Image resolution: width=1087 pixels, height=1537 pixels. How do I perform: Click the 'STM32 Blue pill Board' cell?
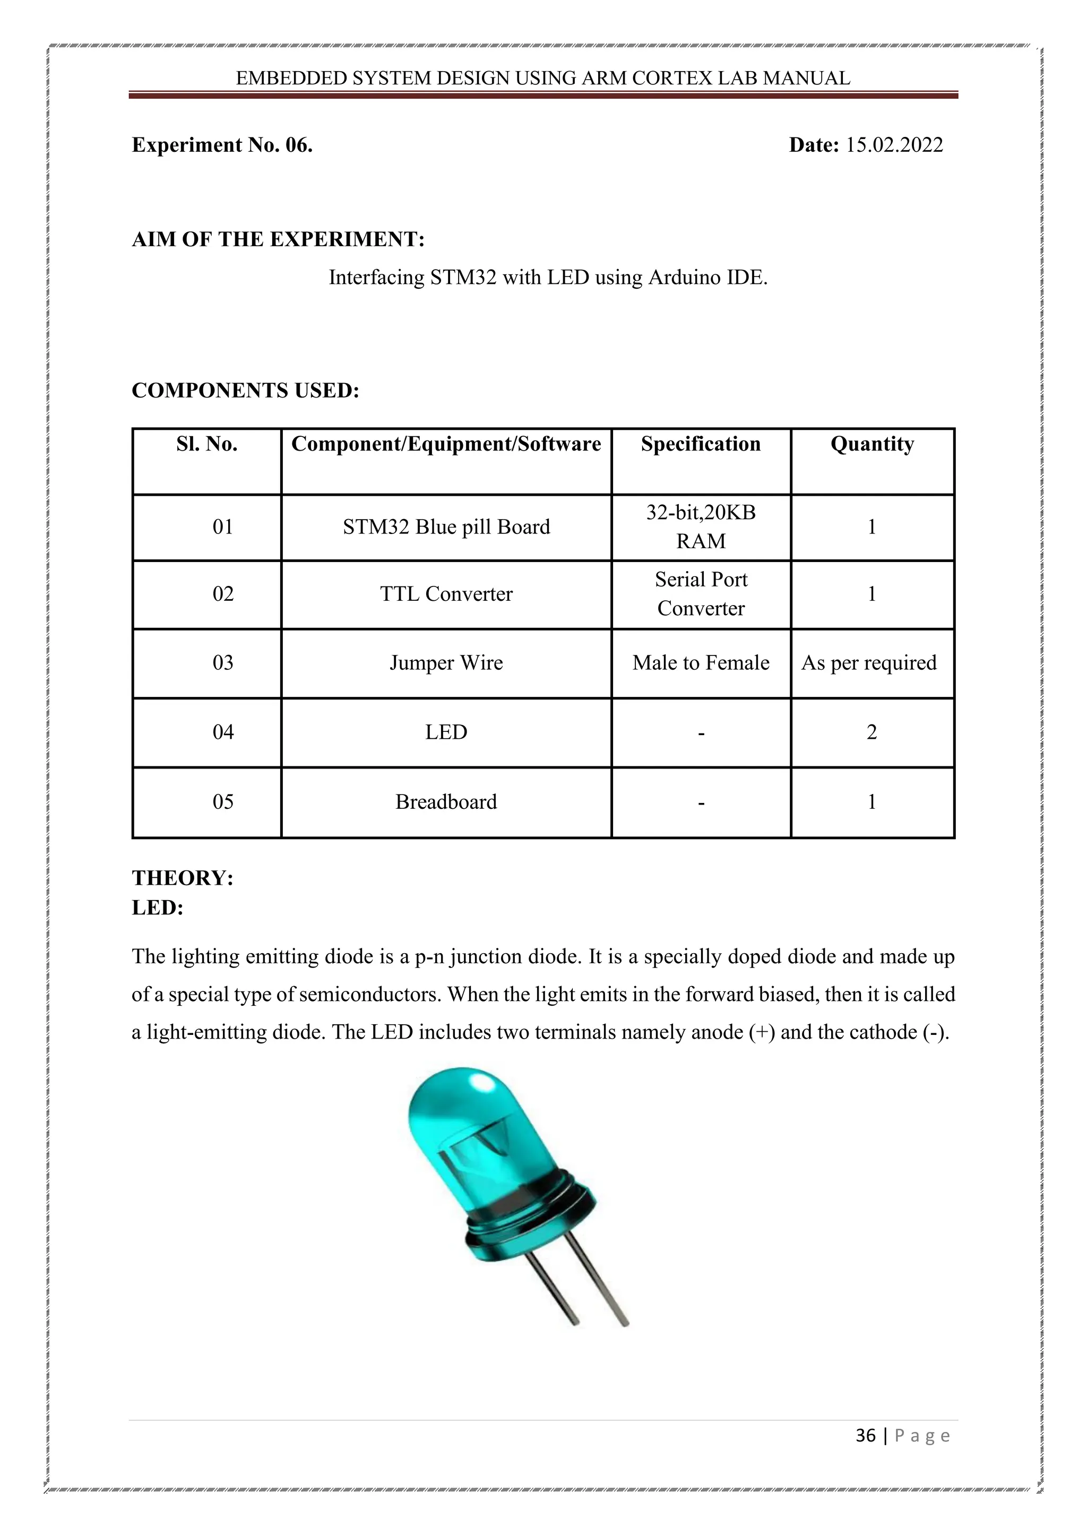(x=446, y=527)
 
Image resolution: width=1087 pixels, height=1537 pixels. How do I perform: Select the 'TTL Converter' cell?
(x=446, y=594)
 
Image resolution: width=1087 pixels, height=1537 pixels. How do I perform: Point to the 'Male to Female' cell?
(x=700, y=663)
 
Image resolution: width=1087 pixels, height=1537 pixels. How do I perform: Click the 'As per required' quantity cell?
(x=869, y=663)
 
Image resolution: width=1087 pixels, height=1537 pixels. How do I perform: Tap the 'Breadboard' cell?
(x=446, y=801)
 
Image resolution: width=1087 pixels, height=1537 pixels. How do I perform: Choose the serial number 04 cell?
(x=223, y=732)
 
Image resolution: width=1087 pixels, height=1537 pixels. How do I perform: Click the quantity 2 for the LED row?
(x=872, y=732)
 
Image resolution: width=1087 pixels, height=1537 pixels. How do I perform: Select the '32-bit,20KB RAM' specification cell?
(x=700, y=527)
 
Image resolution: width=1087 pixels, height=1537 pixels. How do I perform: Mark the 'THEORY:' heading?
(x=183, y=878)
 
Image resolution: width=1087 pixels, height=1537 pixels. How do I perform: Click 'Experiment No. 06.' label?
(x=222, y=145)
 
